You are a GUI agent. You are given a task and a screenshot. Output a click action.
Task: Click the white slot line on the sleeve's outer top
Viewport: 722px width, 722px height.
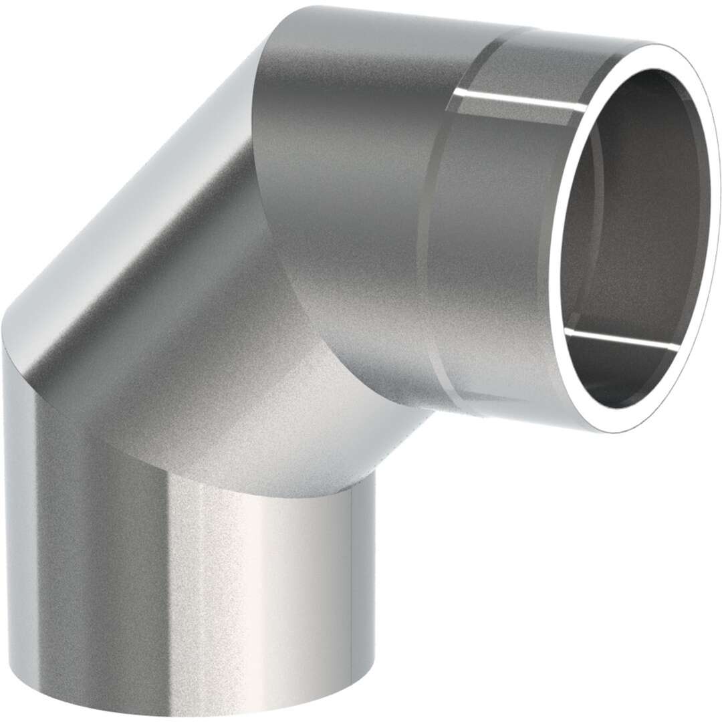pos(521,100)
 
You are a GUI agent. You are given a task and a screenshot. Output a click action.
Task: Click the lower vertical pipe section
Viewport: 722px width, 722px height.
pos(187,588)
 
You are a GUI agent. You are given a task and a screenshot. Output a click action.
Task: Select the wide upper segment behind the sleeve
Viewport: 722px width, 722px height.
pos(354,167)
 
